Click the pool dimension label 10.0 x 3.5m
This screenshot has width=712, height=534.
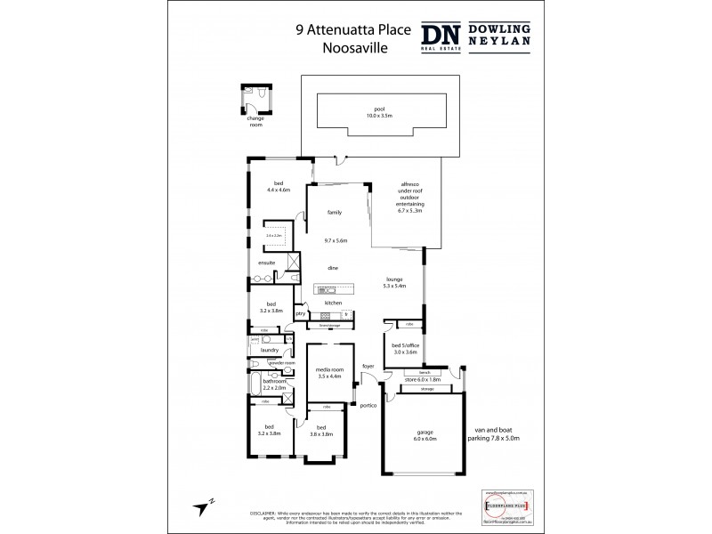click(379, 116)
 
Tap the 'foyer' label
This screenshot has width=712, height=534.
click(368, 367)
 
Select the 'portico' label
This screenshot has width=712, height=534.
click(368, 405)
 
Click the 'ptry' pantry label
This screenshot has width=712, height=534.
click(301, 313)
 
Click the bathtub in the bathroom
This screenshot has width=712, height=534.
click(256, 386)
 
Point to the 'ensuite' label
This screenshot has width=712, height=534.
click(266, 263)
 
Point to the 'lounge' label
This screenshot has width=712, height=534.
click(393, 278)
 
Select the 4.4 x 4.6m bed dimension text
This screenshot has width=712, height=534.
click(279, 190)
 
